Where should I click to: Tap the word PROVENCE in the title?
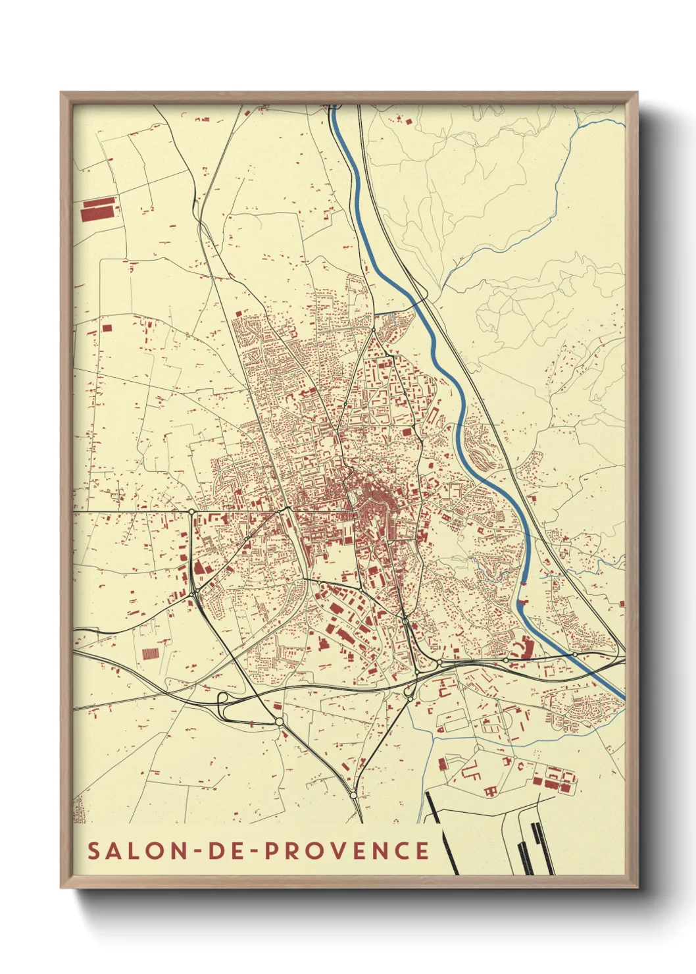click(347, 850)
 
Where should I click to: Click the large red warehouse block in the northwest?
click(99, 211)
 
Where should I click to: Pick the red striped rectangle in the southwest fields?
click(151, 654)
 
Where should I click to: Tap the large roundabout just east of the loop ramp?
click(279, 722)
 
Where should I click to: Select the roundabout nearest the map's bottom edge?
click(353, 796)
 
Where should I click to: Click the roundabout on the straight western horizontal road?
click(191, 511)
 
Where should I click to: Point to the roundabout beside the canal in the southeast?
click(574, 654)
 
